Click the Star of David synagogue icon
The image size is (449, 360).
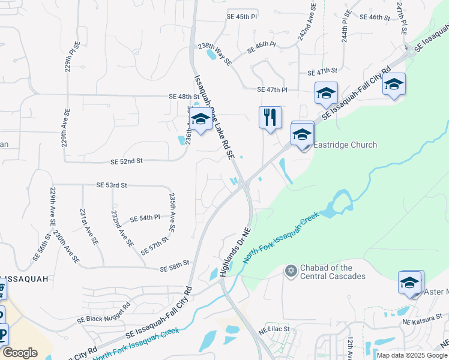(x=291, y=271)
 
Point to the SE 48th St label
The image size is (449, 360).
(x=184, y=97)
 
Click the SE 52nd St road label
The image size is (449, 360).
(x=127, y=161)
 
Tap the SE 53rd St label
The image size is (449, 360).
(x=112, y=186)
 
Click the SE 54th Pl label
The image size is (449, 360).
(x=145, y=218)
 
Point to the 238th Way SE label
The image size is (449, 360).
(x=214, y=53)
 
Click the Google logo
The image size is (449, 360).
(x=20, y=353)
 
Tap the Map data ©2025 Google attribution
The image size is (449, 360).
(x=412, y=355)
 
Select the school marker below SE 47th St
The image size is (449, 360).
(x=326, y=93)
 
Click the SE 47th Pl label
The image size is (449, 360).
(x=272, y=90)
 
